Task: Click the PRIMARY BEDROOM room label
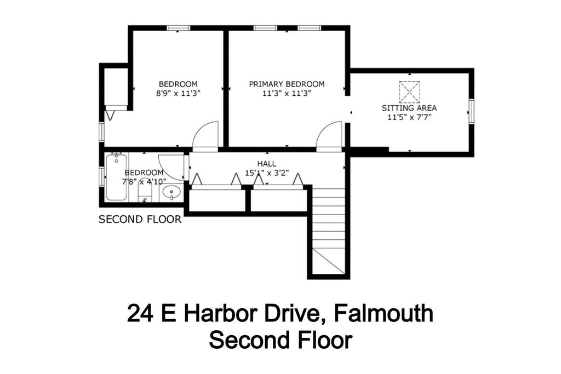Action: pos(287,84)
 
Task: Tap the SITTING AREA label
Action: pos(409,108)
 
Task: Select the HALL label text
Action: pos(267,164)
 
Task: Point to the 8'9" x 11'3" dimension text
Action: pos(178,93)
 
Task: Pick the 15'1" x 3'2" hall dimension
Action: pos(267,173)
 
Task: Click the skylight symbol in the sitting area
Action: pos(409,92)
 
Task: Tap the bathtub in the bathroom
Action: pos(116,177)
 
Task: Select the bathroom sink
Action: pos(171,192)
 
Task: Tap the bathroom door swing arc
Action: pos(171,167)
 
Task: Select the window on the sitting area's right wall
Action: pos(472,112)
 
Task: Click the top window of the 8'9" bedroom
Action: pos(179,28)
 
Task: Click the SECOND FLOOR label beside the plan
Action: pos(140,219)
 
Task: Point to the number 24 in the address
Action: pos(140,313)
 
